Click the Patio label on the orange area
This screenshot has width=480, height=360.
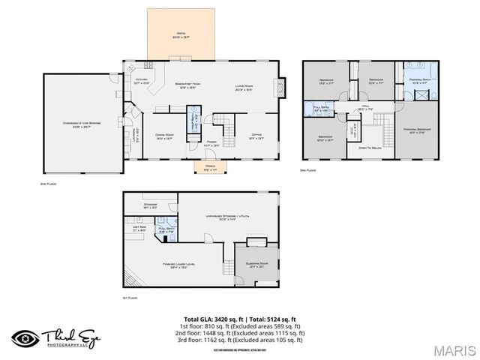pyautogui.click(x=181, y=34)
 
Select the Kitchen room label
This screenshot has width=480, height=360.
pyautogui.click(x=141, y=81)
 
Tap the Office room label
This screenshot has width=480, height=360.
pyautogui.click(x=256, y=135)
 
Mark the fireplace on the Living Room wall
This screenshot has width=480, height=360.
pyautogui.click(x=281, y=88)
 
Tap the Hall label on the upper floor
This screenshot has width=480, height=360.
pyautogui.click(x=366, y=107)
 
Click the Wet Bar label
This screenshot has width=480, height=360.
pyautogui.click(x=140, y=229)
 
